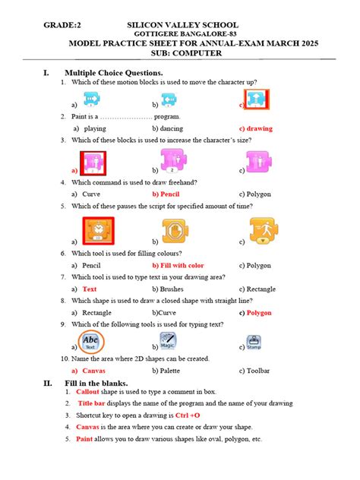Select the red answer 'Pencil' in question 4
[x=169, y=194]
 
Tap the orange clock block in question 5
[x=96, y=231]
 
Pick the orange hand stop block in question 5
[x=175, y=232]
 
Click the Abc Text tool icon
[x=90, y=341]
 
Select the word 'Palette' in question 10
[x=173, y=370]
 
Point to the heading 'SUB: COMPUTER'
[x=179, y=55]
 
